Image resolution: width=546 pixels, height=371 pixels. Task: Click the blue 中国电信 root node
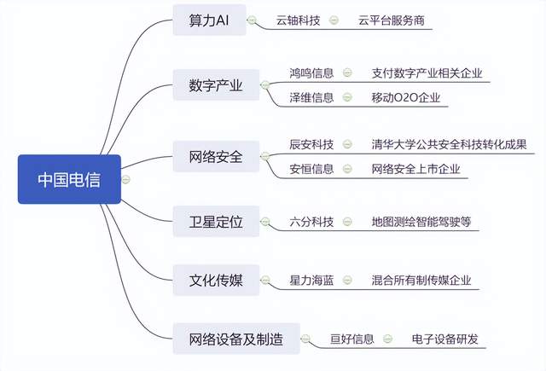click(69, 179)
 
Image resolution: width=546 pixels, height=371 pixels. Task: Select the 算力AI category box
click(209, 20)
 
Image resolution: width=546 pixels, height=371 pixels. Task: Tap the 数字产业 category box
click(216, 85)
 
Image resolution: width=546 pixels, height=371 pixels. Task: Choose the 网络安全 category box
click(216, 156)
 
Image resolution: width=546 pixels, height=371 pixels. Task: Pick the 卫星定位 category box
click(216, 222)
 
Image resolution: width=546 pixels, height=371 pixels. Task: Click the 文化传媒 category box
click(216, 280)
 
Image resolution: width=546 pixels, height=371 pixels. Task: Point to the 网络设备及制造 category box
click(236, 339)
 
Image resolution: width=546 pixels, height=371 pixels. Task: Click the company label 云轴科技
click(298, 20)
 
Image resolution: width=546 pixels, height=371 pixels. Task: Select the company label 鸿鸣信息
click(311, 73)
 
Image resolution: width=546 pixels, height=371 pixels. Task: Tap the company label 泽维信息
click(311, 97)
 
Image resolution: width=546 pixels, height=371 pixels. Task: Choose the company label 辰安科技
click(311, 144)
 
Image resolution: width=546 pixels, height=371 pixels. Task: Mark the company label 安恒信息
click(311, 169)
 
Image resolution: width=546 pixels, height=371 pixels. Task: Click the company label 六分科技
click(311, 222)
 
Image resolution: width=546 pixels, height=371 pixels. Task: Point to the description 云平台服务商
click(392, 20)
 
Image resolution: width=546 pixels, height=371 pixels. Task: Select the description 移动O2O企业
click(406, 97)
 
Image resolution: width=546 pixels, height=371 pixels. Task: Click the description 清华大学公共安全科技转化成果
click(450, 144)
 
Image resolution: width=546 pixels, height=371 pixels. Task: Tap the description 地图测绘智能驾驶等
click(421, 222)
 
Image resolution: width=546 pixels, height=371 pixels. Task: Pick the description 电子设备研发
click(445, 339)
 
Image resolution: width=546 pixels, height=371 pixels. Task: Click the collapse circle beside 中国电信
click(125, 180)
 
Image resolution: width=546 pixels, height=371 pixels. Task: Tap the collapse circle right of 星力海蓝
click(347, 280)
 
